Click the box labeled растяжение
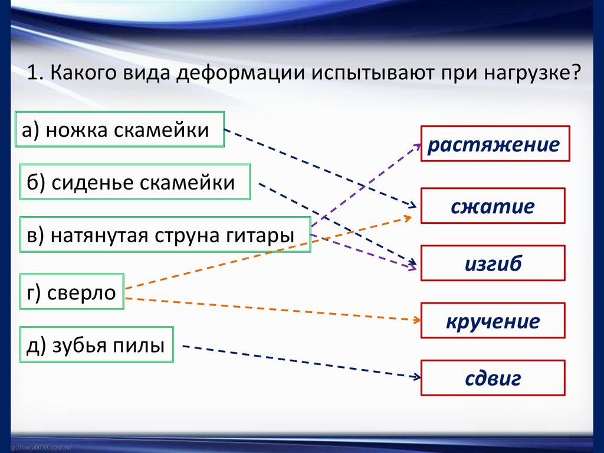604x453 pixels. (x=495, y=144)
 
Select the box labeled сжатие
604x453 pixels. (x=493, y=206)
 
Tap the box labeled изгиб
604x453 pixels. (x=493, y=263)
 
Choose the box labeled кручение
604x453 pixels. (x=493, y=321)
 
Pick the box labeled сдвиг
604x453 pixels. (x=493, y=378)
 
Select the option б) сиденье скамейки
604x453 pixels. (x=134, y=182)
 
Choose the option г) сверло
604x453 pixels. (x=71, y=292)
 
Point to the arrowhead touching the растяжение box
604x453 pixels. (x=416, y=145)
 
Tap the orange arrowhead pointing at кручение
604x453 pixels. (x=416, y=320)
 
